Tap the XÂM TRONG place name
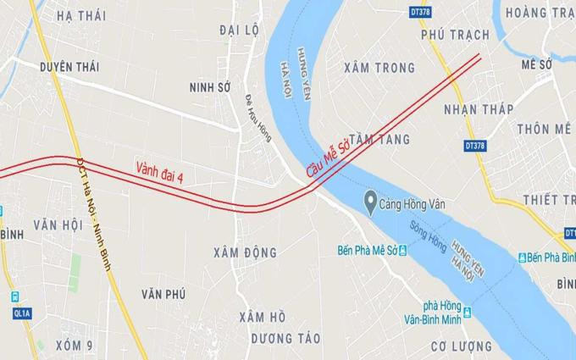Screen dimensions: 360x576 pos(379,68)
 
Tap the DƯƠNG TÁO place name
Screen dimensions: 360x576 pos(285,337)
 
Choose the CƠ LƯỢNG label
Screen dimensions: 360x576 pos(461,346)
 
